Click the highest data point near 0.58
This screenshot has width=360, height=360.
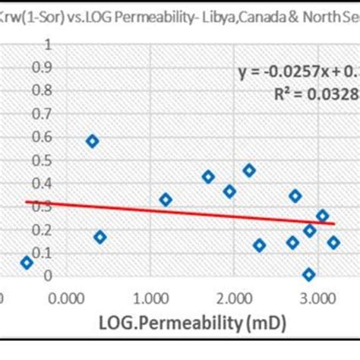pyautogui.click(x=93, y=141)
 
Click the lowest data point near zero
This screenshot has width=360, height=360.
pyautogui.click(x=308, y=274)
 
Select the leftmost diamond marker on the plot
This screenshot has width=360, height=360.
pyautogui.click(x=27, y=263)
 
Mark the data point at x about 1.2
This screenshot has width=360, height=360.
pyautogui.click(x=166, y=200)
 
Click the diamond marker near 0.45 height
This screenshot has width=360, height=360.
pyautogui.click(x=248, y=170)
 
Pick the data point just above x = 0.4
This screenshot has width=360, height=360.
pyautogui.click(x=100, y=237)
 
